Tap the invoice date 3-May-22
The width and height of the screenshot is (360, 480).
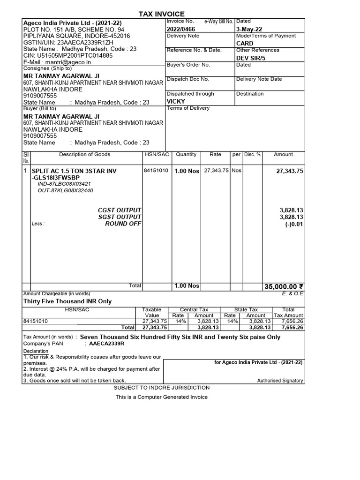pyautogui.click(x=249, y=29)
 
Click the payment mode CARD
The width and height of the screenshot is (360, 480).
pyautogui.click(x=245, y=43)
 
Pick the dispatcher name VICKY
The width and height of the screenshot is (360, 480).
pyautogui.click(x=176, y=101)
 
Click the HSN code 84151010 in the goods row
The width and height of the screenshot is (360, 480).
pyautogui.click(x=156, y=171)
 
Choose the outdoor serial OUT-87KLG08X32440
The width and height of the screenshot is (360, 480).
pyautogui.click(x=65, y=191)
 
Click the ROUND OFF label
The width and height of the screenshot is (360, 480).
pyautogui.click(x=123, y=224)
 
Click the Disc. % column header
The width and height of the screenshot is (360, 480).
pyautogui.click(x=252, y=154)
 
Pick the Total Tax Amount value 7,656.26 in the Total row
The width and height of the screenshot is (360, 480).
pyautogui.click(x=292, y=328)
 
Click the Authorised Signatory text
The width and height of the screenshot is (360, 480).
pyautogui.click(x=280, y=381)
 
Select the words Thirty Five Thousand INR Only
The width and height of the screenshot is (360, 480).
pyautogui.click(x=67, y=301)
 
